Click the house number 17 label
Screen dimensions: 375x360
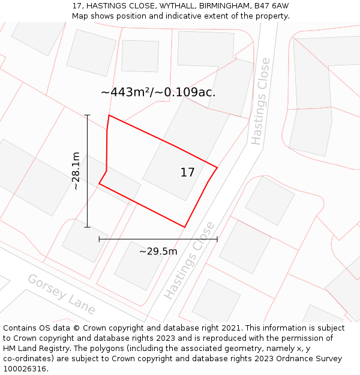point(187,173)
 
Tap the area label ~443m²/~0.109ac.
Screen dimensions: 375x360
point(158,92)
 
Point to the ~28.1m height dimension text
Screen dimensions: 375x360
point(76,171)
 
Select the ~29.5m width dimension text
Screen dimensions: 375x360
point(158,251)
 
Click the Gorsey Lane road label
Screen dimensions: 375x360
point(62,294)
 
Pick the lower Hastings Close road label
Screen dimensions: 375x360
point(189,260)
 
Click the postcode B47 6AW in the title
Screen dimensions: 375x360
point(271,5)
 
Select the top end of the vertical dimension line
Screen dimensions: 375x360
point(88,115)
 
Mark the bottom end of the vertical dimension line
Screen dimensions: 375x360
point(88,227)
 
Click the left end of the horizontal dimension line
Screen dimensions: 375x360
point(99,239)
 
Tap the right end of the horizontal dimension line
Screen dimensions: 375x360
point(217,239)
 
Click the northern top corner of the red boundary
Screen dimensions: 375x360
point(109,115)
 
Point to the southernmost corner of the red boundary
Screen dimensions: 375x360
point(184,227)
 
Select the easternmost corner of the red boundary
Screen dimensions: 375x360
point(217,167)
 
